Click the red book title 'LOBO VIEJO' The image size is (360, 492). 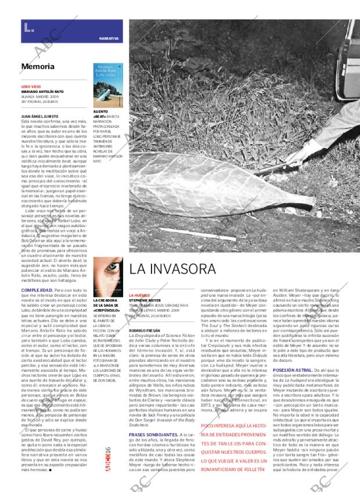pos(31,87)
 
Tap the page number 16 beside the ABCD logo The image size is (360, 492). pos(108,453)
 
